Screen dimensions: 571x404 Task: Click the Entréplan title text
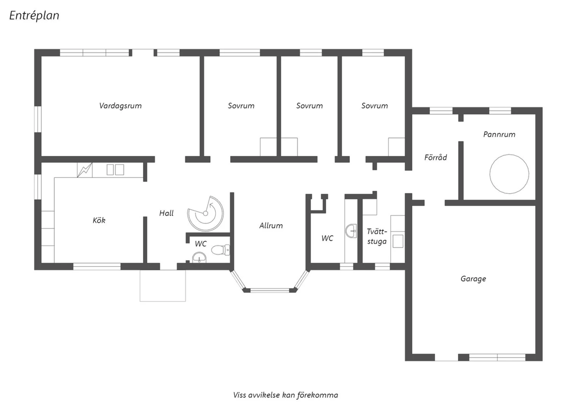click(34, 16)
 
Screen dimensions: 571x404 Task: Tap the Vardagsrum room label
click(120, 106)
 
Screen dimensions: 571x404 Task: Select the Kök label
click(99, 220)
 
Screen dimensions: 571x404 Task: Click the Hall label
click(166, 213)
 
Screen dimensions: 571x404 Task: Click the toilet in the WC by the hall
click(220, 250)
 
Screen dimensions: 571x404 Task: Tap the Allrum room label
click(271, 226)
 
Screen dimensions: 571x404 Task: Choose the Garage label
click(473, 279)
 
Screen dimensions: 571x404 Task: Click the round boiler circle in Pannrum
click(490, 174)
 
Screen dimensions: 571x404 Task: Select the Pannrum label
click(499, 134)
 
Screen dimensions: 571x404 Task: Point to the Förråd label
click(435, 157)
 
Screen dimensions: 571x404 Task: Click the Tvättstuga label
click(377, 236)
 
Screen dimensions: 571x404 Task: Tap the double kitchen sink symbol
click(115, 170)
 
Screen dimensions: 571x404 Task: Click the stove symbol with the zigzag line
click(85, 170)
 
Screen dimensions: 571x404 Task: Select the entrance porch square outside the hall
click(163, 285)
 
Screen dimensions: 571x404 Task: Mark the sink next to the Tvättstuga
click(351, 231)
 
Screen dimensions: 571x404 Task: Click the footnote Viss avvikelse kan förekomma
click(285, 395)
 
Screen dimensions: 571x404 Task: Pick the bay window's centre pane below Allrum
click(270, 290)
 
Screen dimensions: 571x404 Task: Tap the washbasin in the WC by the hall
click(199, 257)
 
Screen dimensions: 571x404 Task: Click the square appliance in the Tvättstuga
click(398, 241)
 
